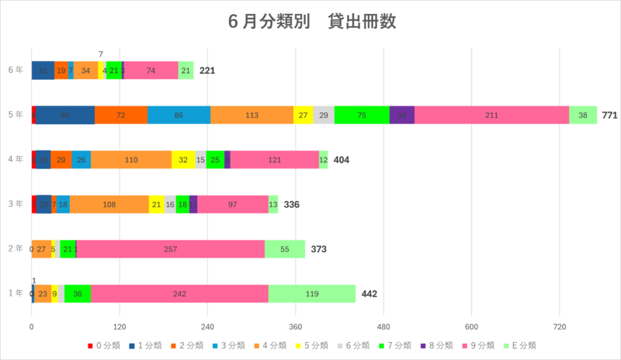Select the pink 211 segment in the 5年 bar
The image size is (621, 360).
click(x=491, y=115)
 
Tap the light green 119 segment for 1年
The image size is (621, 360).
click(x=311, y=294)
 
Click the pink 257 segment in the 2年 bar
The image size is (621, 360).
click(x=170, y=249)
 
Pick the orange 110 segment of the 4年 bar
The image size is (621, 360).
click(x=131, y=160)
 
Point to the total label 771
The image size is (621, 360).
click(x=610, y=115)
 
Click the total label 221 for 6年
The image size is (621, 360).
click(x=207, y=71)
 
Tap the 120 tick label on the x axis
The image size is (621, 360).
click(x=120, y=326)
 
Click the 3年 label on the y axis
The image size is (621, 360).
click(x=14, y=204)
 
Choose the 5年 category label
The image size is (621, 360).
click(x=14, y=115)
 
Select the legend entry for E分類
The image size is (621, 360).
click(x=519, y=345)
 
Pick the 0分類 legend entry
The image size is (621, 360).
click(x=103, y=345)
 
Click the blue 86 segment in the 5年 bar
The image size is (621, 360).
click(x=179, y=115)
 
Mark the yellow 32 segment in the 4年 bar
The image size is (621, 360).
click(x=183, y=160)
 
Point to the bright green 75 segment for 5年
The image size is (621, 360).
click(x=362, y=115)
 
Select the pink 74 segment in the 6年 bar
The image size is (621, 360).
click(x=151, y=71)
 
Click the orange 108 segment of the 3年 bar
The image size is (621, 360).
click(x=109, y=204)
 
